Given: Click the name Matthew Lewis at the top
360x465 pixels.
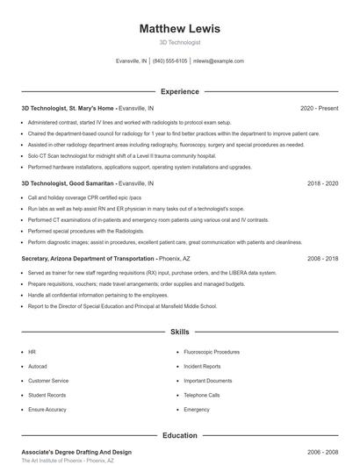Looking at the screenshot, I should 180,29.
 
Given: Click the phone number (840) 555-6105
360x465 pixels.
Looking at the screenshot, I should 169,61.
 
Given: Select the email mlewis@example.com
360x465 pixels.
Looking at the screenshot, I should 219,61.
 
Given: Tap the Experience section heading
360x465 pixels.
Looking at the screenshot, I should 180,91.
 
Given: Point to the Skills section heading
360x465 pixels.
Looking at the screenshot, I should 180,333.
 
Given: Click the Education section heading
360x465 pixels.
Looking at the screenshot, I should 180,435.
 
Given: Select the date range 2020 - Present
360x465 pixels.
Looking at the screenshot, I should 319,108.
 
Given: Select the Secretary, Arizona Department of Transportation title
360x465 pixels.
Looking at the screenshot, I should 88,259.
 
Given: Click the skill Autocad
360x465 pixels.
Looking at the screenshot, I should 38,366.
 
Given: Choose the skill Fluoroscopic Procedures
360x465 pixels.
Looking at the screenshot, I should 212,352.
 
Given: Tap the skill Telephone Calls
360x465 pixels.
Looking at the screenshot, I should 202,395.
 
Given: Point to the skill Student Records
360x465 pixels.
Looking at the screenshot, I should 47,395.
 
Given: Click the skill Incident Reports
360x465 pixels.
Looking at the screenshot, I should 203,366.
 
